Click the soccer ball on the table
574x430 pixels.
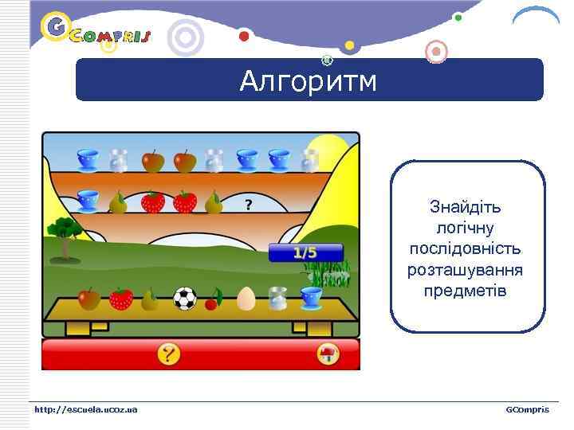click(x=185, y=299)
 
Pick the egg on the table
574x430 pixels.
click(x=246, y=299)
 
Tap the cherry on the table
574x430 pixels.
click(x=214, y=299)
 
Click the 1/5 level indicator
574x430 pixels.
click(x=305, y=253)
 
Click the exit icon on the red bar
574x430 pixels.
click(x=327, y=354)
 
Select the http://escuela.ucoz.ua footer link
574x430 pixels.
click(x=85, y=409)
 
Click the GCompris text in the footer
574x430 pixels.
click(x=527, y=409)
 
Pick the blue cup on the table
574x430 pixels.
click(x=311, y=298)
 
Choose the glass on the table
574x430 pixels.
click(x=278, y=299)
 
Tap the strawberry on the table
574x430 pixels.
click(x=121, y=299)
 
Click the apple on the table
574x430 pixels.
click(x=89, y=299)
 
